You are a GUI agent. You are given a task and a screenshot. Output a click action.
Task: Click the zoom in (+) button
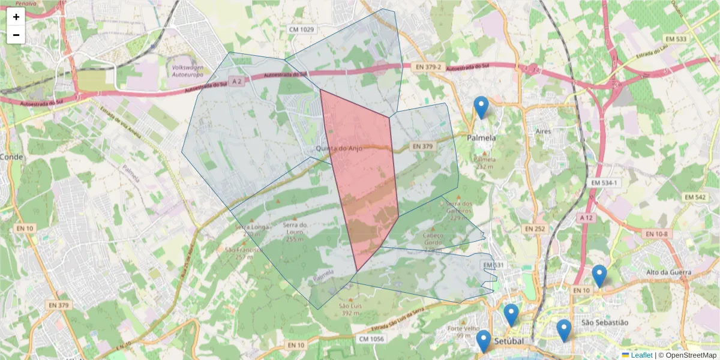(x=16, y=17)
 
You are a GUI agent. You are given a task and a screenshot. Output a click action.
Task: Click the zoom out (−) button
(x=16, y=35)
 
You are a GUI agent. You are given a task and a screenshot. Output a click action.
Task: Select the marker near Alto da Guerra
(x=599, y=276)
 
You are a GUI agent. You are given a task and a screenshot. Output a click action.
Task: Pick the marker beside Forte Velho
(x=484, y=341)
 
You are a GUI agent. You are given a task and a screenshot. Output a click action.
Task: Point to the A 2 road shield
(x=236, y=81)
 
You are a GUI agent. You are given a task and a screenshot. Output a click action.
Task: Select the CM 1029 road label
(x=302, y=29)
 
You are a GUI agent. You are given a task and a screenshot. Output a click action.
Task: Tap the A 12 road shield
(x=586, y=217)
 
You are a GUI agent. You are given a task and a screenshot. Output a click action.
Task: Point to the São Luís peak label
(x=349, y=309)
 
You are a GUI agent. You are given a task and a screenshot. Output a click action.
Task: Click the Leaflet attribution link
(x=641, y=355)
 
